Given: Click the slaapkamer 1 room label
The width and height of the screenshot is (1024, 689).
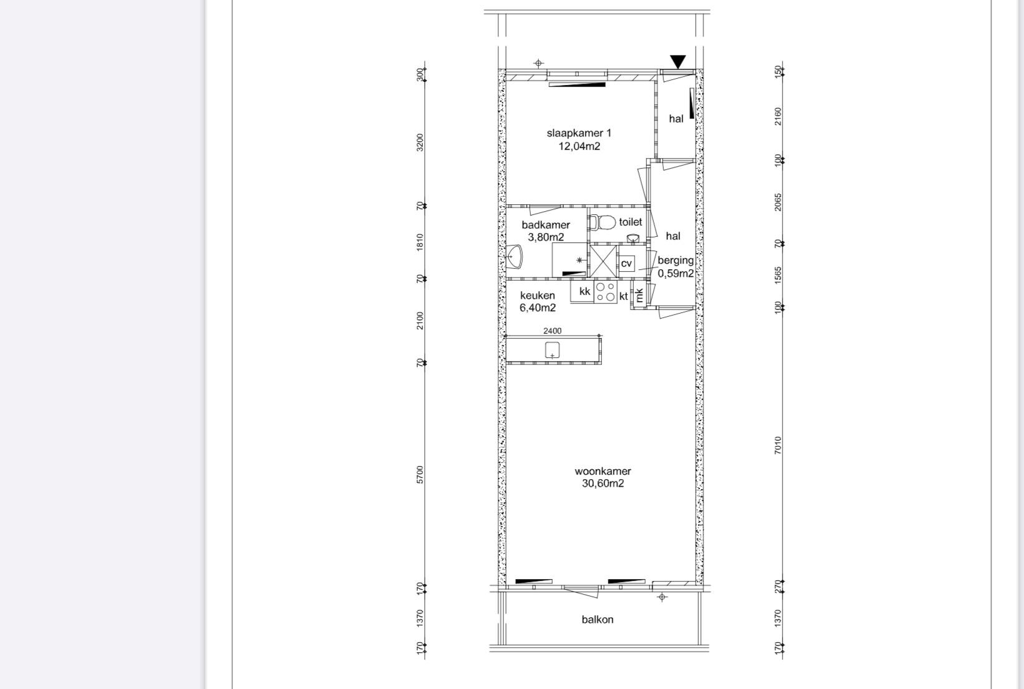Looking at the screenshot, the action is tap(579, 133).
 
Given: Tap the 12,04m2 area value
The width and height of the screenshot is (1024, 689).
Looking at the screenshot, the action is tap(579, 146).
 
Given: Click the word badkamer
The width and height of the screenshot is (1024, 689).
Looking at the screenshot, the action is tap(546, 225).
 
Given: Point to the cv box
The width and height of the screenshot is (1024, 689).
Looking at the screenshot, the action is tap(626, 264).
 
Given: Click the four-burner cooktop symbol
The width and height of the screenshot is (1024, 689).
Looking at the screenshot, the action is tap(605, 292).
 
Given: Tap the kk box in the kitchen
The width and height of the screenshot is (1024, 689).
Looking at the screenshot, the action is tap(583, 291).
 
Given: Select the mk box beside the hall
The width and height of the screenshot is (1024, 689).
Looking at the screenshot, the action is tap(639, 295).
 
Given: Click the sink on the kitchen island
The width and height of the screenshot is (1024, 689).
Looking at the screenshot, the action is tap(552, 350).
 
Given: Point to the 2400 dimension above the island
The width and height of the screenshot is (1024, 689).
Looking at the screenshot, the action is tap(552, 330).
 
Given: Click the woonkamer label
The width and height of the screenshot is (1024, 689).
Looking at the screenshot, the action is tap(603, 471).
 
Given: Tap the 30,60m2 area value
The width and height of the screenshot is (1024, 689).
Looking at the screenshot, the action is tap(603, 483).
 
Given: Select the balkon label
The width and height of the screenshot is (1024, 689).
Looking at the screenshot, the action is tap(598, 620).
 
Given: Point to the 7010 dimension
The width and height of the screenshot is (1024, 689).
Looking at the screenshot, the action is tap(778, 445).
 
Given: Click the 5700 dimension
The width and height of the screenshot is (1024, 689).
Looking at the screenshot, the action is tap(420, 475).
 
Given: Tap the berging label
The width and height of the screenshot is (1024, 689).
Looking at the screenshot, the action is tap(676, 260).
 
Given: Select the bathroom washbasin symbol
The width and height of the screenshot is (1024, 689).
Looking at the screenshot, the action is tap(514, 257).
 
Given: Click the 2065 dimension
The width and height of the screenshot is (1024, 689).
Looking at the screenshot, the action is tap(778, 202).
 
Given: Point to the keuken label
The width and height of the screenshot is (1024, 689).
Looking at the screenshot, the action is tap(538, 295).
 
